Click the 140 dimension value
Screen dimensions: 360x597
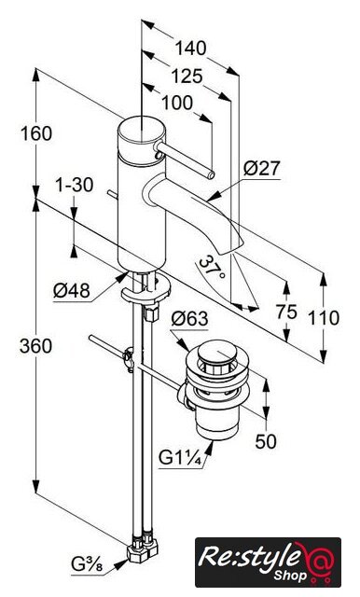[x=190, y=49]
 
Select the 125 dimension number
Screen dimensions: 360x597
[x=187, y=76]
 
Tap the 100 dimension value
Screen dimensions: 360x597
[x=177, y=103]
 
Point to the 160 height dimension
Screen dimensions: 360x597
[x=35, y=133]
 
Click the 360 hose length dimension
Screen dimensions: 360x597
[x=35, y=346]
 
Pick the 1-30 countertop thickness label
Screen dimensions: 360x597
[x=75, y=186]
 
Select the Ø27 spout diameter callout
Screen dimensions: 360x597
[x=261, y=168]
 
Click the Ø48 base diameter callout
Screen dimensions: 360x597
[x=72, y=292]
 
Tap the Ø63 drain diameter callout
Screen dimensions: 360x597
[x=189, y=319]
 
